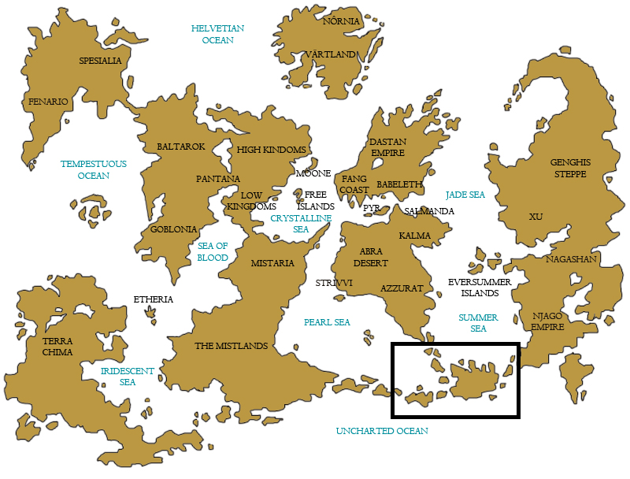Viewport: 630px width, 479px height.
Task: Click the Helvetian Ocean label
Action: [x=217, y=34]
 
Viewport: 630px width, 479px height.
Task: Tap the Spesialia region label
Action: [x=100, y=61]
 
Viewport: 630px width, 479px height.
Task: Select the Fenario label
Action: [x=48, y=102]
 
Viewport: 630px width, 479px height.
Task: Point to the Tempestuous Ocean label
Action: [x=94, y=169]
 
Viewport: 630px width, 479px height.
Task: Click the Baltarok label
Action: [x=180, y=147]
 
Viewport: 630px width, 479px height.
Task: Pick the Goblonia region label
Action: [x=173, y=229]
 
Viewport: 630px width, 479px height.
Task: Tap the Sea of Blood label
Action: [x=213, y=252]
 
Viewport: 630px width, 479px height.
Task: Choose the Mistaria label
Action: [x=272, y=263]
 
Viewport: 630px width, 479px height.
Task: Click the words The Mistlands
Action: [x=232, y=346]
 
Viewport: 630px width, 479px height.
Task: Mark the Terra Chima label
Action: [x=57, y=347]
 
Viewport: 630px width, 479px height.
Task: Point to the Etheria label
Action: [x=153, y=299]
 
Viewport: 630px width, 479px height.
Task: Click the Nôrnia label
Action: [x=341, y=21]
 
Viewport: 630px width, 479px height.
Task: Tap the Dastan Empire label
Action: [x=387, y=147]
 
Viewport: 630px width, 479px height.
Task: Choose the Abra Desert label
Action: [x=370, y=257]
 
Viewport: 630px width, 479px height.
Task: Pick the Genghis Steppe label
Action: [x=570, y=168]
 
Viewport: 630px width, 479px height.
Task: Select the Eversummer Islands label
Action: [x=480, y=288]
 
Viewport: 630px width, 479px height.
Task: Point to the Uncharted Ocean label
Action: [x=382, y=431]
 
